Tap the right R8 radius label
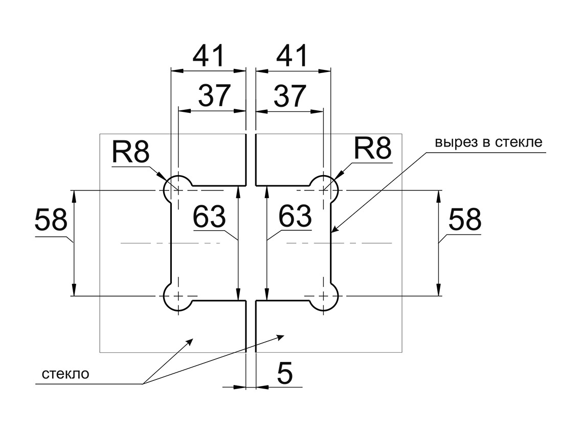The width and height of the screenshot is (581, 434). (x=373, y=149)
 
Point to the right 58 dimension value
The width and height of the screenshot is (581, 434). (x=464, y=220)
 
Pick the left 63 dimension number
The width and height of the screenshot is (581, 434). (x=209, y=216)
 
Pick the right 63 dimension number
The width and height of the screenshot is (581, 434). (x=295, y=216)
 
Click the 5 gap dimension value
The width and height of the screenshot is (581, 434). (x=285, y=373)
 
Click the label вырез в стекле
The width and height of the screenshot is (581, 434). (x=488, y=141)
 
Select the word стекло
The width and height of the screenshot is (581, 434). (x=65, y=374)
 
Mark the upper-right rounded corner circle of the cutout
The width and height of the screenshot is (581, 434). (x=324, y=190)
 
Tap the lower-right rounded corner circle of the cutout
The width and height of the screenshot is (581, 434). (x=324, y=296)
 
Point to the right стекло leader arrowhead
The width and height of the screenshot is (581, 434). (x=281, y=336)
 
